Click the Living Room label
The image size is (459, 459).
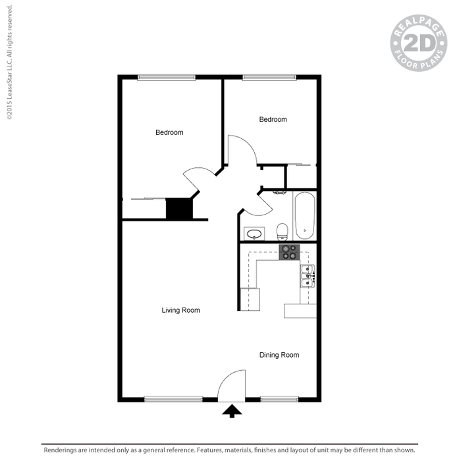tap(180, 310)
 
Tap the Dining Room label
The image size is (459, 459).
tap(279, 355)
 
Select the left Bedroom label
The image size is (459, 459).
tap(169, 132)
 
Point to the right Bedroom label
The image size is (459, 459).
tap(273, 119)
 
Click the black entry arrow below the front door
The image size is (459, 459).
tap(232, 411)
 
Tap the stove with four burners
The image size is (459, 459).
tap(289, 252)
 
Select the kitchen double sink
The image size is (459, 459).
tap(308, 276)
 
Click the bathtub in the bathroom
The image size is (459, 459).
tap(305, 216)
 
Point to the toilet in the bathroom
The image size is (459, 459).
tap(283, 232)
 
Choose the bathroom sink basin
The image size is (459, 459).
tap(254, 234)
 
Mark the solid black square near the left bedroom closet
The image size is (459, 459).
tap(179, 208)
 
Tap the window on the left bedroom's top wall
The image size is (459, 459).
tap(166, 78)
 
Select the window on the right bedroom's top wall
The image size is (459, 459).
tap(269, 78)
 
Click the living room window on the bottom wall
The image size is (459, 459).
tap(173, 399)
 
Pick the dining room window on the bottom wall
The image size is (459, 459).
tap(279, 399)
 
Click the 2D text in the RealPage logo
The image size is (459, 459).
tap(419, 43)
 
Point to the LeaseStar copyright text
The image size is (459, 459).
tap(9, 62)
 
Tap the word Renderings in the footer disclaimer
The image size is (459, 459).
tap(60, 450)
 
